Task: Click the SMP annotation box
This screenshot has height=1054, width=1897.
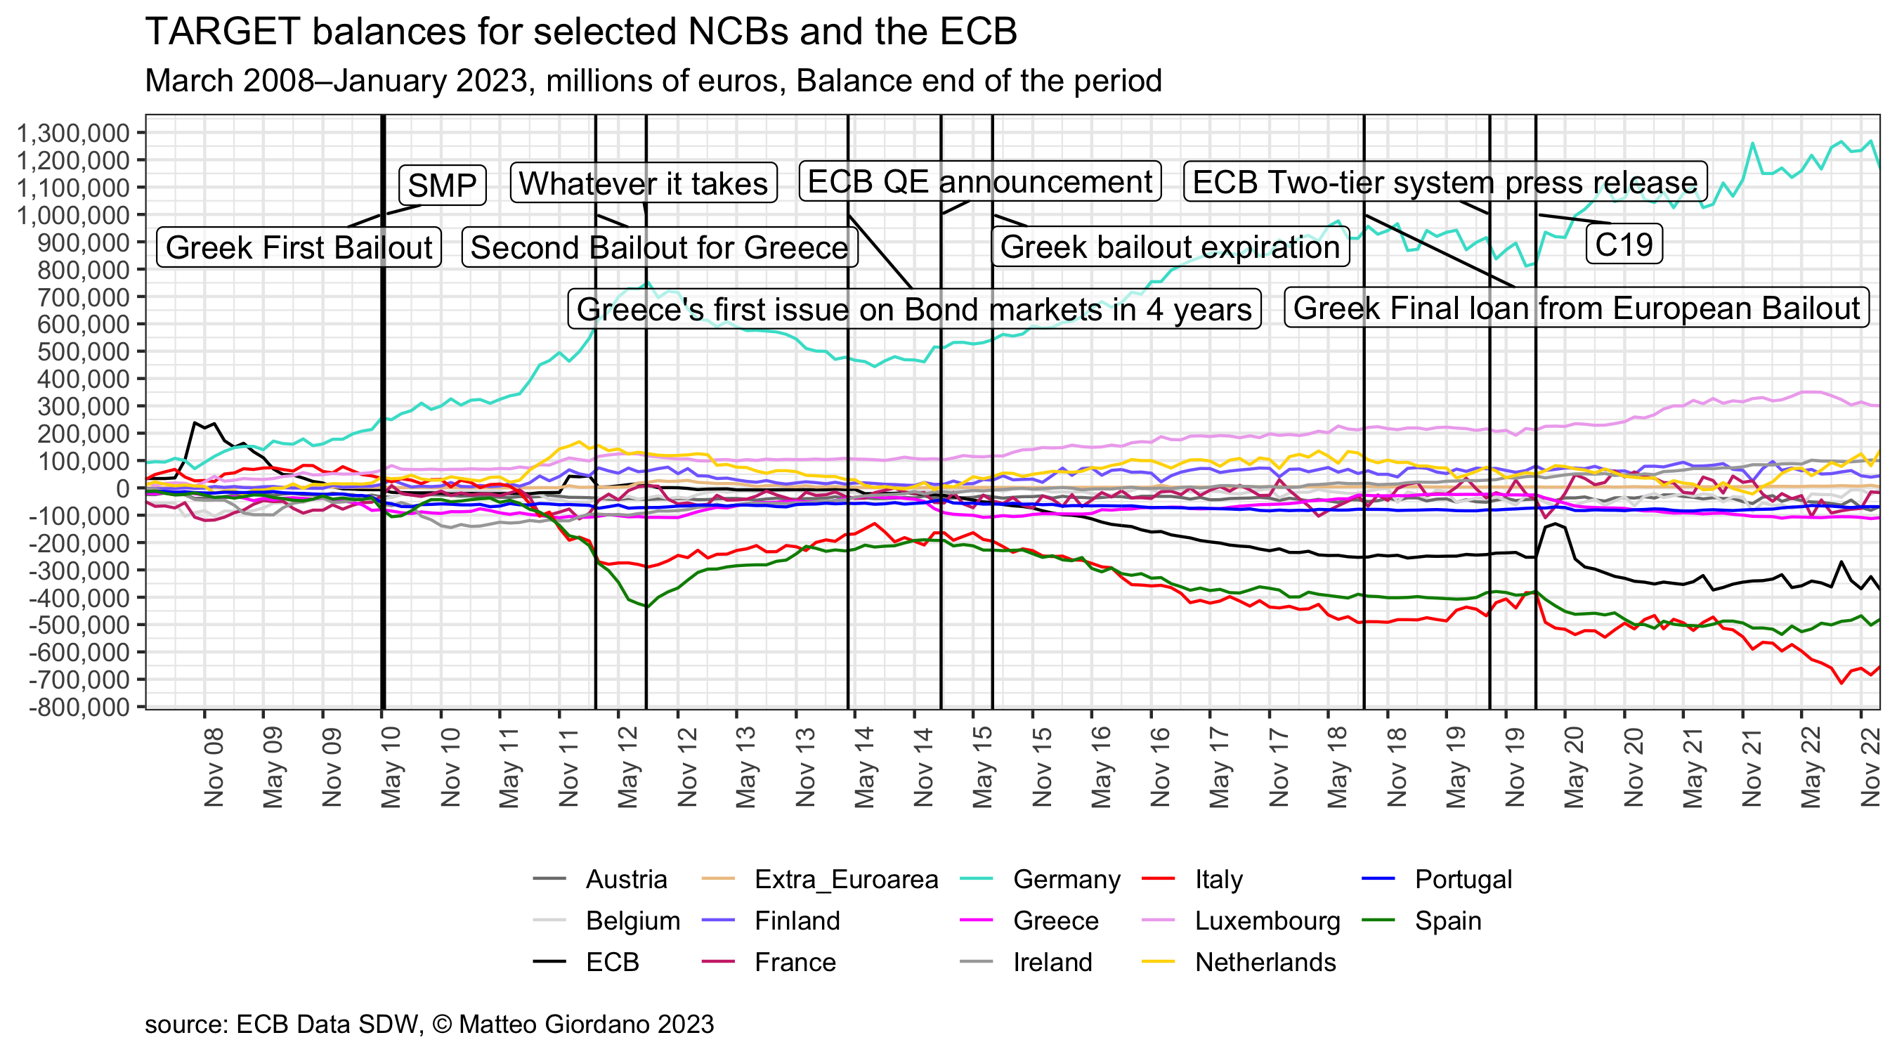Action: coord(442,185)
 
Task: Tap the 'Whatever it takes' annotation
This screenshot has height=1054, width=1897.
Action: coord(643,183)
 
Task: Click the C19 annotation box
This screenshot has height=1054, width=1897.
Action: coord(1623,245)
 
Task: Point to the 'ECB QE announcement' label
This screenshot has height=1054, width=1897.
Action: coord(979,182)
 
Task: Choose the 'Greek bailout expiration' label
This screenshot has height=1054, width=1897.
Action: coord(1169,247)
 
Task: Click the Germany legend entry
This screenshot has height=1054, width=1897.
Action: coord(1066,880)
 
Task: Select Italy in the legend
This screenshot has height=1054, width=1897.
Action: coord(1218,880)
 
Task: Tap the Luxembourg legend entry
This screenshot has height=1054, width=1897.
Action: coord(1267,920)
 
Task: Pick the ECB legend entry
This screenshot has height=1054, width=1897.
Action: coord(612,962)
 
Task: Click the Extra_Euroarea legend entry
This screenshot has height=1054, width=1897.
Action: coord(845,880)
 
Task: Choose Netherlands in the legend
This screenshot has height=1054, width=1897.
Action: coord(1265,962)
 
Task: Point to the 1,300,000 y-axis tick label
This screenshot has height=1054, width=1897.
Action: coord(73,134)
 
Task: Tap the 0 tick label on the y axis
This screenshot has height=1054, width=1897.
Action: coord(122,488)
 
